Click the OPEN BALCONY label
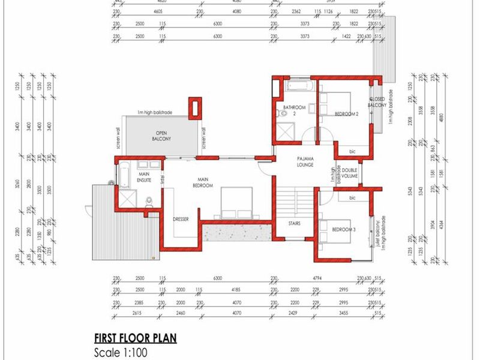pos(160,136)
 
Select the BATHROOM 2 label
pos(295,110)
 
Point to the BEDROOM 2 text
pos(346,113)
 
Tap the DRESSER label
pos(181,220)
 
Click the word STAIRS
pos(293,223)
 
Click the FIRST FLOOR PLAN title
pos(136,338)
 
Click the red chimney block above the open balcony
pos(194,107)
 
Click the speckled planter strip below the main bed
pos(235,230)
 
